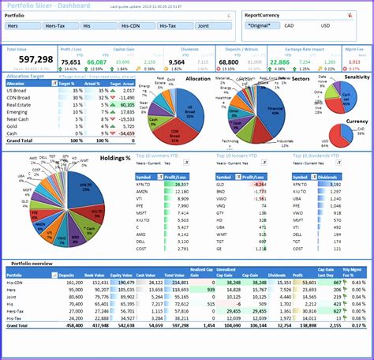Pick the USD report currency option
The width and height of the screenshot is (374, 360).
(326, 26)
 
